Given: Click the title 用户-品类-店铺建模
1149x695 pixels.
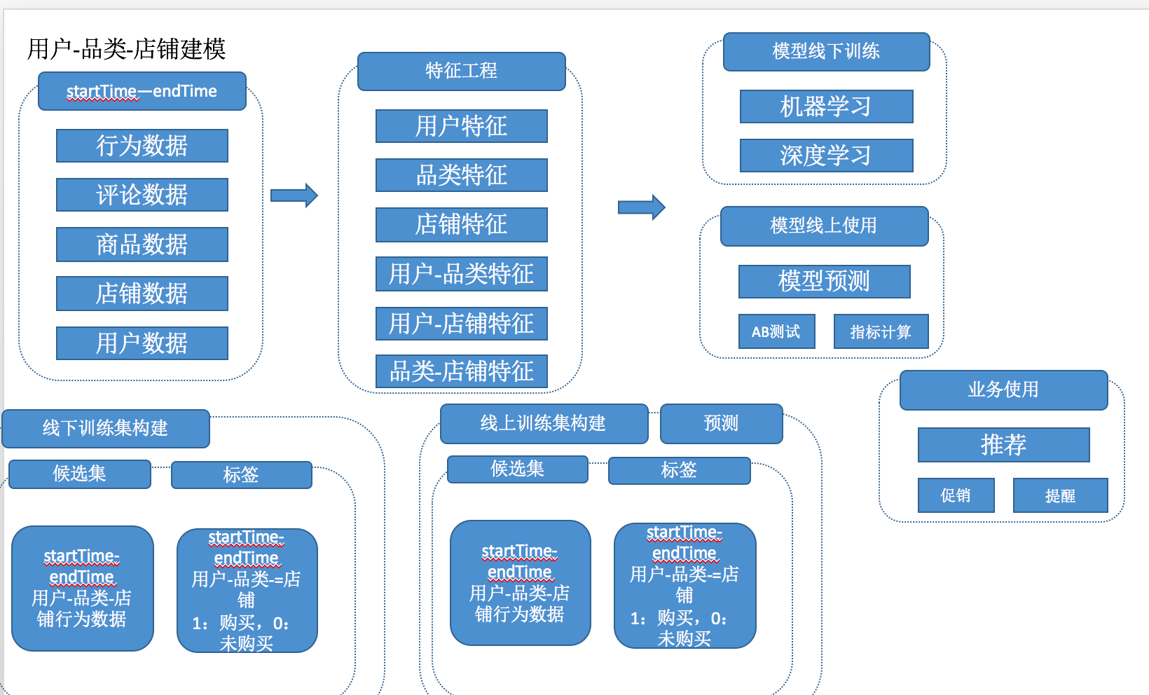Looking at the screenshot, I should [126, 49].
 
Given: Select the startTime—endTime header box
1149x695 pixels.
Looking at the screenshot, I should [142, 91].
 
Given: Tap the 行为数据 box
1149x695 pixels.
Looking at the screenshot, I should [142, 146].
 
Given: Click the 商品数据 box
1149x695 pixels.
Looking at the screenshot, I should [142, 245].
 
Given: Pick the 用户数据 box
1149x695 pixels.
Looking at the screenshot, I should [142, 343].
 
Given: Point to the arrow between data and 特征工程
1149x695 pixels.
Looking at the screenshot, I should [294, 195].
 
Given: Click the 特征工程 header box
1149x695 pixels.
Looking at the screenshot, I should [461, 71].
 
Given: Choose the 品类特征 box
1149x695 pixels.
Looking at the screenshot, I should [461, 175].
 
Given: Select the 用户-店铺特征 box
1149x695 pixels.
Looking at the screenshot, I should [461, 324].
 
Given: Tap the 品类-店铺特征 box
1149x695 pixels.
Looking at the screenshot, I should [461, 371].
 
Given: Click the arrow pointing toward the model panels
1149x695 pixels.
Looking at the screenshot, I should [641, 207].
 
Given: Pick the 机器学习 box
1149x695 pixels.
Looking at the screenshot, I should [826, 106].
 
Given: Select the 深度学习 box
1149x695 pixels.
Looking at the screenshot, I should [826, 156].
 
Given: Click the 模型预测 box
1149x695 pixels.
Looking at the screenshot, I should [824, 281].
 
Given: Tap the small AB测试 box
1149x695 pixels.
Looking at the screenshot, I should [776, 331].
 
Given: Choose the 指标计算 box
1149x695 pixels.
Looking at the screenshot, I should [881, 331].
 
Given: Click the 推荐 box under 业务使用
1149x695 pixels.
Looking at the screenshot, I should [1003, 444].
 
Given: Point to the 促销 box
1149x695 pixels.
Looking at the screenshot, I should [956, 495].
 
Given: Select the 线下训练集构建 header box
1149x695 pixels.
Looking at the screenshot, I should [106, 428].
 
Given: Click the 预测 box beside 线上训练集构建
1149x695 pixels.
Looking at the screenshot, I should [721, 423].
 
